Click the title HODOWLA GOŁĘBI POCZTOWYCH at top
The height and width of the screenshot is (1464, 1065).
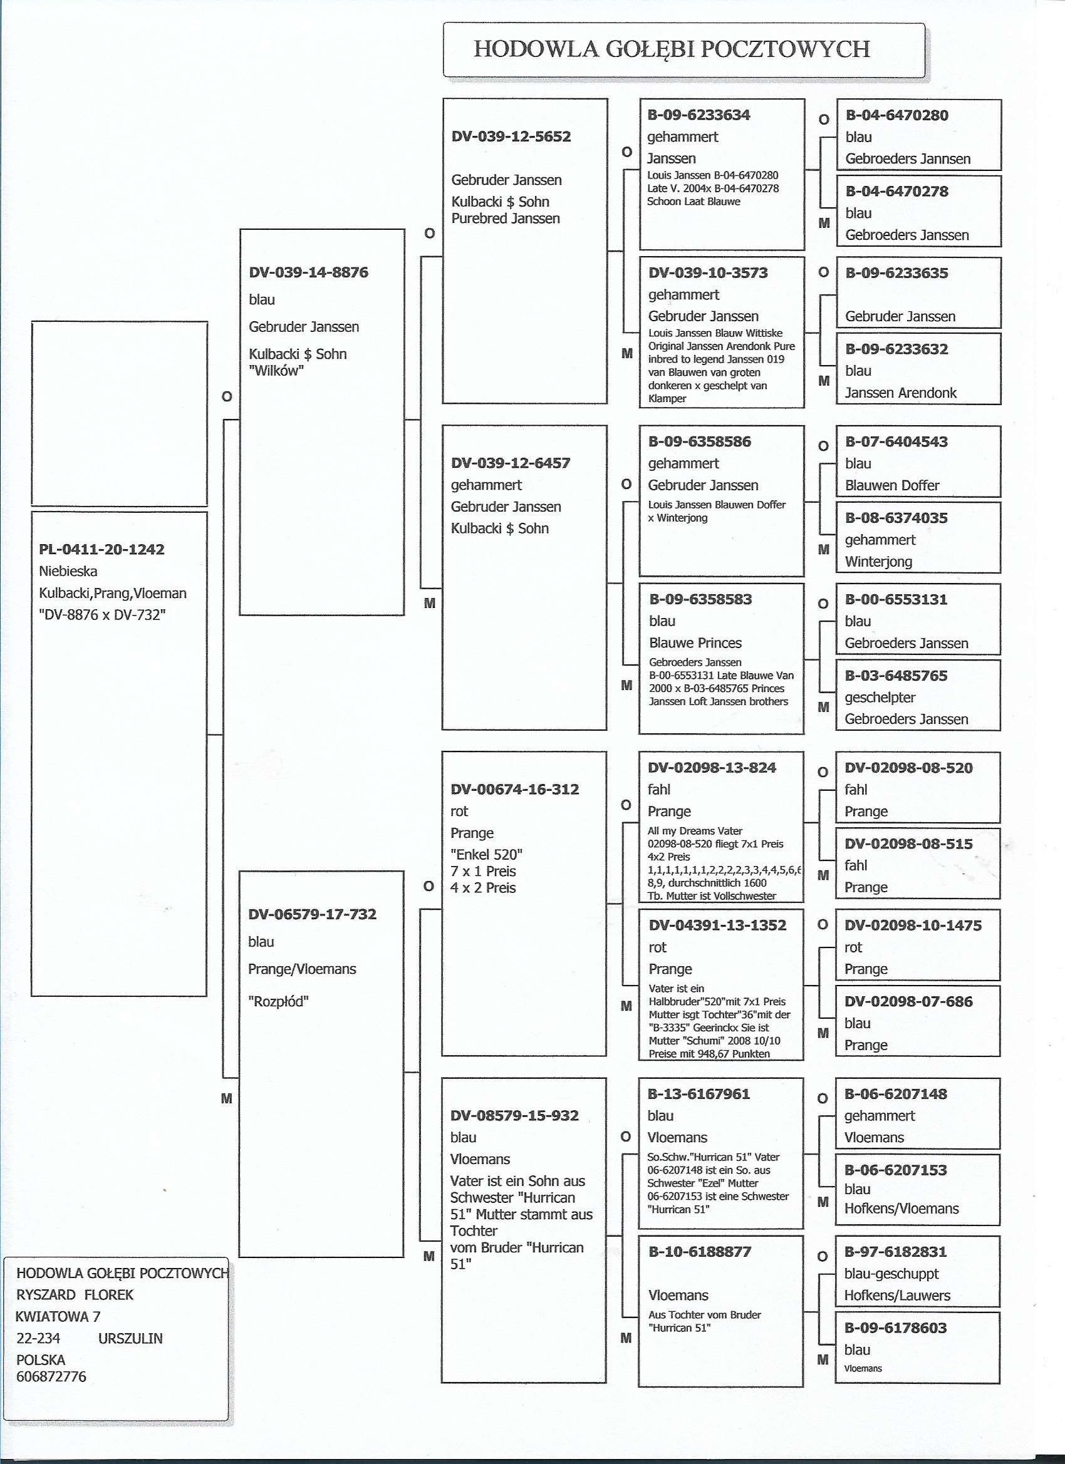coord(672,49)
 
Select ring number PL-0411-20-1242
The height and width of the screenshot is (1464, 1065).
coord(101,549)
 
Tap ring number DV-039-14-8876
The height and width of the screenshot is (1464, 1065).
coord(308,272)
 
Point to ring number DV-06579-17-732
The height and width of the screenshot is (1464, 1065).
coord(312,914)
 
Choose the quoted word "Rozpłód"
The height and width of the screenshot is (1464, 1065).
coord(278,1002)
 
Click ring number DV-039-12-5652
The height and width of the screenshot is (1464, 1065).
coord(511,137)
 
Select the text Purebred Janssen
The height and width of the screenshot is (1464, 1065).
coord(505,218)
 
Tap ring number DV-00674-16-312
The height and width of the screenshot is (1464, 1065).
coord(514,789)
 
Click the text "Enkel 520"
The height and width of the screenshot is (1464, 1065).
coord(486,855)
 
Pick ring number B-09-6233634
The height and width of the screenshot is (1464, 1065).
coord(699,115)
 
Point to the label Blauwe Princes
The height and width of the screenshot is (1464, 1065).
coord(695,643)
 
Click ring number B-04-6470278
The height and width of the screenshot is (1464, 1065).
coord(896,191)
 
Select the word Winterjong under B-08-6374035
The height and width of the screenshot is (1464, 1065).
coord(878,562)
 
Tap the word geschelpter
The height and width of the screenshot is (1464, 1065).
coord(880,697)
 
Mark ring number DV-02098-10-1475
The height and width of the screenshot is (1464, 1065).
coord(913,925)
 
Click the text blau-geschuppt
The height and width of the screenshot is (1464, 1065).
coord(891,1274)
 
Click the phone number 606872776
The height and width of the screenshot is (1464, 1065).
coord(51,1377)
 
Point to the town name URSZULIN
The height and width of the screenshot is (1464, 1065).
coord(130,1338)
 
